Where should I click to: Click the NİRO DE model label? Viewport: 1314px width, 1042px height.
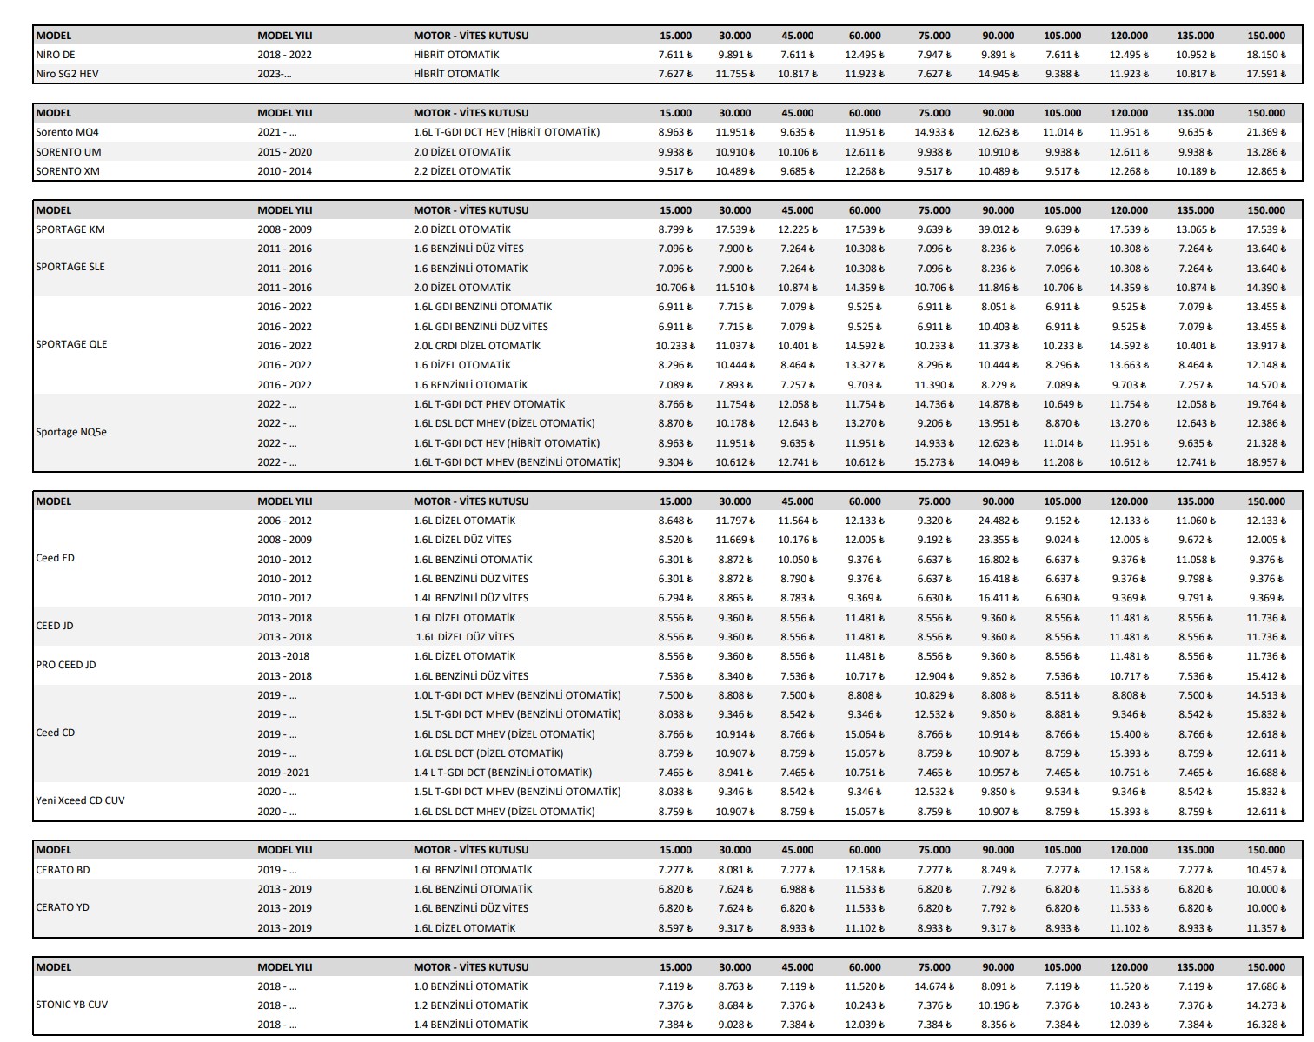[x=56, y=55]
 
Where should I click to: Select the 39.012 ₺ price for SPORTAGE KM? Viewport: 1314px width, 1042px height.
[x=998, y=229]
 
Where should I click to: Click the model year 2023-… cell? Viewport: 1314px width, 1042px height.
[x=275, y=74]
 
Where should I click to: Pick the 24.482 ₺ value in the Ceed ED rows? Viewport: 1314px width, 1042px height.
[x=998, y=521]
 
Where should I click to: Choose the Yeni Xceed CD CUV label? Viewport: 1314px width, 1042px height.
[x=80, y=800]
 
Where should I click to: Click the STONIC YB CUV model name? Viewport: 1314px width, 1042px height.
[x=72, y=1005]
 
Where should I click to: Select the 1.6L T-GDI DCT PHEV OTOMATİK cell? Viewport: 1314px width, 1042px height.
[x=488, y=404]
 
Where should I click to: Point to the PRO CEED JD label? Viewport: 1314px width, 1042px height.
[x=66, y=665]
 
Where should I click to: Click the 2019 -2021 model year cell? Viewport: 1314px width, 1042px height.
[x=283, y=773]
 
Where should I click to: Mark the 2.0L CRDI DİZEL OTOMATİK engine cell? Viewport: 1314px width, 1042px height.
[x=476, y=346]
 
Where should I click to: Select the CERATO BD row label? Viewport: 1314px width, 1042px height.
[x=63, y=870]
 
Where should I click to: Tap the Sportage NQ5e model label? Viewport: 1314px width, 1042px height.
[x=71, y=432]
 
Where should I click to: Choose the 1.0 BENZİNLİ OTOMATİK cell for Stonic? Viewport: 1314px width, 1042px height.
[x=470, y=986]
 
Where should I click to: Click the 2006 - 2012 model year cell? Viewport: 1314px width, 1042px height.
[x=284, y=521]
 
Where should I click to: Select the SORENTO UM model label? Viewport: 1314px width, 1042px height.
[x=68, y=152]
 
